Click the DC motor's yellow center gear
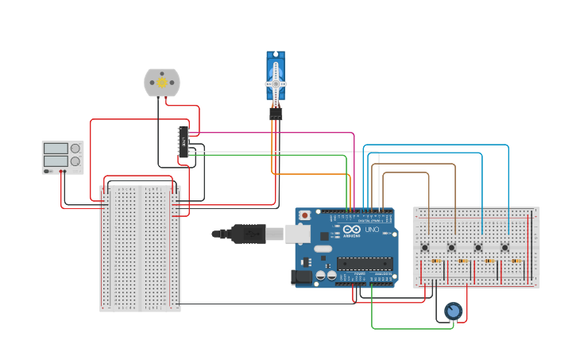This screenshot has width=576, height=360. [162, 82]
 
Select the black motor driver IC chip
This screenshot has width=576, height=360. [184, 141]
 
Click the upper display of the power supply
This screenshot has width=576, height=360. [56, 148]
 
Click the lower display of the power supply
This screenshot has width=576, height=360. [56, 161]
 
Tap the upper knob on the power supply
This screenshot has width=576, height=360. [75, 148]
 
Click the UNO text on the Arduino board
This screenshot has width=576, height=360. [372, 230]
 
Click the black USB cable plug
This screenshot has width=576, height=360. [248, 233]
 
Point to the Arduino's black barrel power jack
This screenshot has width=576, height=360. [302, 277]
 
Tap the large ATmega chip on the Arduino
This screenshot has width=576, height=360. [364, 263]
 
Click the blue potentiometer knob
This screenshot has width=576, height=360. [453, 311]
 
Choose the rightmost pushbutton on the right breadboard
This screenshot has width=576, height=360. [504, 247]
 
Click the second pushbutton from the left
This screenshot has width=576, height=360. [451, 247]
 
